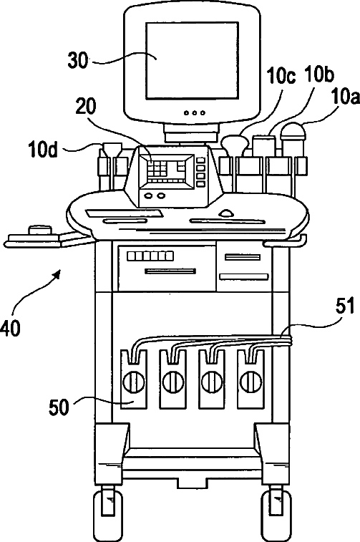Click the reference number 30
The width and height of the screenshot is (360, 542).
click(x=78, y=60)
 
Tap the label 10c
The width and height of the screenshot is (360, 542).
click(x=281, y=76)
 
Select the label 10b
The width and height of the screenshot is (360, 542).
click(x=319, y=74)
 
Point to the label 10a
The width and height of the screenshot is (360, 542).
click(x=345, y=96)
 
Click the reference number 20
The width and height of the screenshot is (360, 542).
click(x=86, y=107)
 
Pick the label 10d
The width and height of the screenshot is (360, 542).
click(x=43, y=150)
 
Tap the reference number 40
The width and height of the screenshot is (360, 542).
click(x=10, y=328)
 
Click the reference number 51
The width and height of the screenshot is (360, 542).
click(x=344, y=306)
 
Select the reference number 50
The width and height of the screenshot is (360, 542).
click(x=59, y=407)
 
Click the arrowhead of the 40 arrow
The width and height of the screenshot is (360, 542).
click(x=57, y=274)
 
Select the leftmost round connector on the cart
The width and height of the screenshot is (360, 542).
click(x=134, y=382)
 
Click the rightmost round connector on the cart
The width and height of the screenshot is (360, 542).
click(x=250, y=382)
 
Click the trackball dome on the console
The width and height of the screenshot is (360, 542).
click(x=226, y=212)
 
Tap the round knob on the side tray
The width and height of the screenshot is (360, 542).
click(x=40, y=231)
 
